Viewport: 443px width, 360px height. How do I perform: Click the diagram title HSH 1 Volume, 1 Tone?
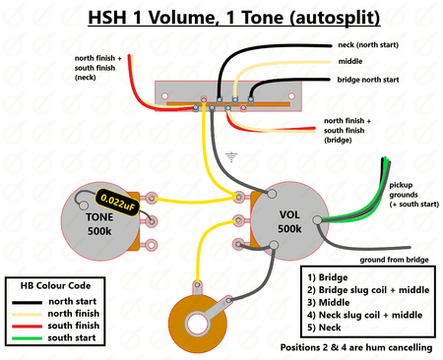(221, 17)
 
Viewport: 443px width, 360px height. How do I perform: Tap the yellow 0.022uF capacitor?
(118, 204)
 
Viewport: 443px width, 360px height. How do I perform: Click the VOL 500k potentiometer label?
(289, 219)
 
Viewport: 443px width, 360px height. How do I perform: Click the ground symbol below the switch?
(231, 154)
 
